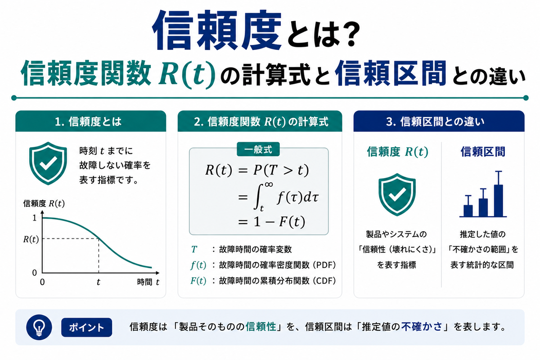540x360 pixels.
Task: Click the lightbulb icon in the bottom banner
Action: pos(39,327)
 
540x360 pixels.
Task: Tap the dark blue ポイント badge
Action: pos(86,327)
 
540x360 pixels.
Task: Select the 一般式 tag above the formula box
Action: pos(258,149)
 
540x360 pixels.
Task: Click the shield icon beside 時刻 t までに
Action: pos(48,163)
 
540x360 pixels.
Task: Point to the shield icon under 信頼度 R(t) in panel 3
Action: pos(397,194)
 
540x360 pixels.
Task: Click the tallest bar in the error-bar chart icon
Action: pos(498,201)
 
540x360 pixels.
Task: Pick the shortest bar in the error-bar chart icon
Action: pos(468,211)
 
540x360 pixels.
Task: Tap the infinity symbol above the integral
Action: pos(269,184)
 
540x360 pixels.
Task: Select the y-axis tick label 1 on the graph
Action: pos(35,218)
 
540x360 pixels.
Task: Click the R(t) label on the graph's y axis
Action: pos(31,239)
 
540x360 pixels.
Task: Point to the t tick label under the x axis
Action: pos(99,282)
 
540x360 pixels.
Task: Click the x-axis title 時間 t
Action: pos(148,282)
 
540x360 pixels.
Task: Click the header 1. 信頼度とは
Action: pos(88,121)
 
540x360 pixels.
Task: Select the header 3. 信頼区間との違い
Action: pos(435,121)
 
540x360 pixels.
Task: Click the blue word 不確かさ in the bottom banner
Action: pos(422,327)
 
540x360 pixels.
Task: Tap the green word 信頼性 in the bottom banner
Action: pos(261,327)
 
